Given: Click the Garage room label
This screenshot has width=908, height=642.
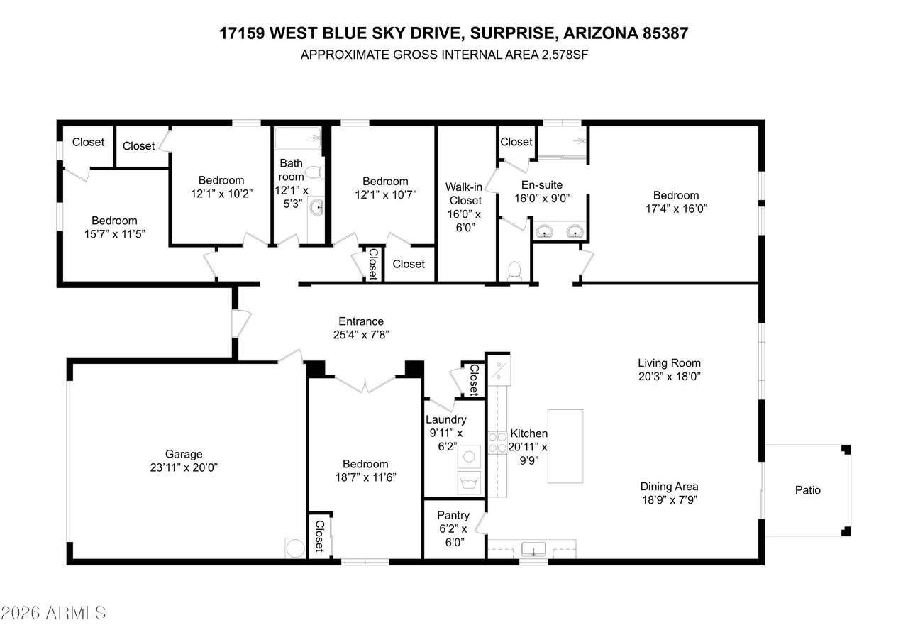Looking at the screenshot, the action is tap(184, 454).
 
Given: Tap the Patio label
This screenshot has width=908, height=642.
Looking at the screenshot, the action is tap(807, 490).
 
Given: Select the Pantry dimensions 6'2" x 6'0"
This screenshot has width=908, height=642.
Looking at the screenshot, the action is tap(453, 536).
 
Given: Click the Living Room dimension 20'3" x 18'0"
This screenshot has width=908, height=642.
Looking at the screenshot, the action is tap(669, 377).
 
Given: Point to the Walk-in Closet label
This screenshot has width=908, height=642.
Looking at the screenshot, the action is tap(465, 194).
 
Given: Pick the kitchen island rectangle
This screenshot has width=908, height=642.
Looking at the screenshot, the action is tap(565, 446).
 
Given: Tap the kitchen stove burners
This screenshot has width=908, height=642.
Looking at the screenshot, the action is tap(497, 442).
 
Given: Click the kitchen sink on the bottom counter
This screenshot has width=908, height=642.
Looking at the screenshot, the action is tap(533, 549).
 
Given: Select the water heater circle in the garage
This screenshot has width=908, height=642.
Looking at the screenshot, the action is tap(295, 548).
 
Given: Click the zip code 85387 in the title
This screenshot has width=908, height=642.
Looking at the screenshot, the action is tap(665, 33).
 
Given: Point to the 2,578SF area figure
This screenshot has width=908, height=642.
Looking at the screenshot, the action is tap(565, 55).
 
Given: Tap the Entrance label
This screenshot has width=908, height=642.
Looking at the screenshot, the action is tap(361, 321).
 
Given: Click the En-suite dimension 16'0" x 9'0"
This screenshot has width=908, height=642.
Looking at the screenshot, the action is tap(542, 198).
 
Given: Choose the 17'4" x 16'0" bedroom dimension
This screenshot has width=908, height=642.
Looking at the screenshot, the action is tap(676, 209).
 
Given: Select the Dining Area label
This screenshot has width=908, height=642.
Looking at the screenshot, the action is tap(669, 487).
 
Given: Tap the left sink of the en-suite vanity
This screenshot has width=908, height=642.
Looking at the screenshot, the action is tap(544, 232).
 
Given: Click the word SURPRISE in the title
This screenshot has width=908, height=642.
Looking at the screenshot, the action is tap(511, 33).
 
